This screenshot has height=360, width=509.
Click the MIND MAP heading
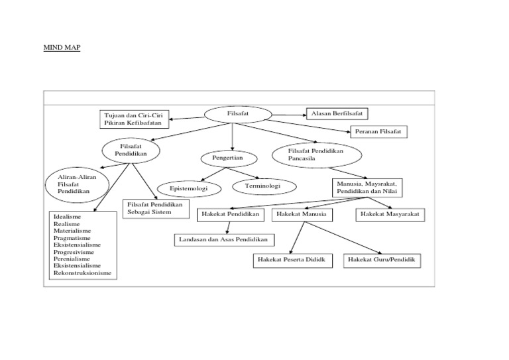[62, 48]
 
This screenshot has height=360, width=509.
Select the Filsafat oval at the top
[238, 114]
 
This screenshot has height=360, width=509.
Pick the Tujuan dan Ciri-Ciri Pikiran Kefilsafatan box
[135, 119]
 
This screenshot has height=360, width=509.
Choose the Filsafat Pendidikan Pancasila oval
[316, 155]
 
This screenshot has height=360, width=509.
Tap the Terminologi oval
[263, 186]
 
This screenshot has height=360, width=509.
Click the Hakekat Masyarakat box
[390, 215]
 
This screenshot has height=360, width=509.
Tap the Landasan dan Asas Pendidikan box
[225, 239]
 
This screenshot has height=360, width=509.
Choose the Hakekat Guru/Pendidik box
[380, 260]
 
